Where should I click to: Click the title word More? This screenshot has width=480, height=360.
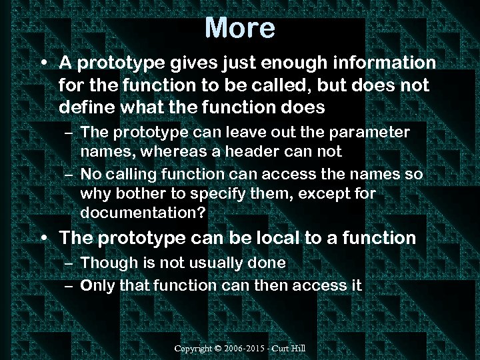tap(239, 28)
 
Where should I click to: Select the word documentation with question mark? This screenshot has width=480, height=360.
tap(143, 213)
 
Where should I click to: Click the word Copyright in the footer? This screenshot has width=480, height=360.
tap(193, 349)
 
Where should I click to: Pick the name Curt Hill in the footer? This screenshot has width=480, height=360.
tap(291, 349)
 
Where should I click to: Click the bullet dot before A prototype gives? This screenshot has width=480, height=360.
tap(43, 63)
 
